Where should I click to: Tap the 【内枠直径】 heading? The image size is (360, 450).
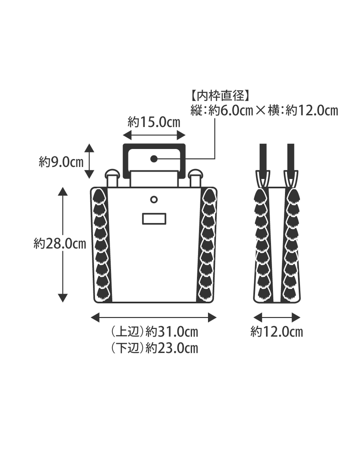[220, 96]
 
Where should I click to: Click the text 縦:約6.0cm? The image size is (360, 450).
[222, 110]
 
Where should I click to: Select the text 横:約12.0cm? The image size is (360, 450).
[303, 110]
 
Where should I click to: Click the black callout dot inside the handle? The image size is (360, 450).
[154, 159]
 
